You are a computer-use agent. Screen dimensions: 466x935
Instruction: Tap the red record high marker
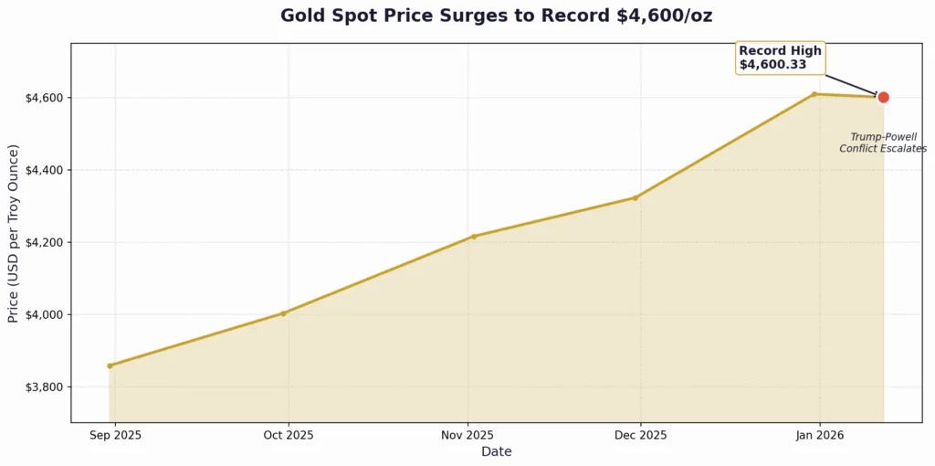coord(883,97)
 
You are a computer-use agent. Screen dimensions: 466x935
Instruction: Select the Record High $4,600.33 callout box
coord(780,58)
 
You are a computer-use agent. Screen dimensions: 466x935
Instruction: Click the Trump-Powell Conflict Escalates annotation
coord(883,143)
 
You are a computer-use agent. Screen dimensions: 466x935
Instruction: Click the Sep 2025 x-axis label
coord(115,435)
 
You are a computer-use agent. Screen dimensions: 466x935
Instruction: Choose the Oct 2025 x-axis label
coord(289,435)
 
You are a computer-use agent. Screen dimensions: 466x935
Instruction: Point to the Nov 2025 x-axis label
coord(467,435)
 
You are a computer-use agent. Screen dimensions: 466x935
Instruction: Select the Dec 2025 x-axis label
coord(640,435)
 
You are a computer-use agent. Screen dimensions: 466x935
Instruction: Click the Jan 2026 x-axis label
coord(819,435)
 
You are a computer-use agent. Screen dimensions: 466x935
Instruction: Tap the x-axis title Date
coord(496,451)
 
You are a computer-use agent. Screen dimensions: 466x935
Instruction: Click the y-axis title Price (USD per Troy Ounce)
coord(14,233)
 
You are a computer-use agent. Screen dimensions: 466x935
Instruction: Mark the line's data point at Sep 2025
coord(110,365)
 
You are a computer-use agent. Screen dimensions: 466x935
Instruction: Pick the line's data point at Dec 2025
coord(636,197)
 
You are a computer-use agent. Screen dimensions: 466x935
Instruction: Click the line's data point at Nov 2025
coord(473,237)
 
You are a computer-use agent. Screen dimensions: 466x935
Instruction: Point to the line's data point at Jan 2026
coord(814,94)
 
